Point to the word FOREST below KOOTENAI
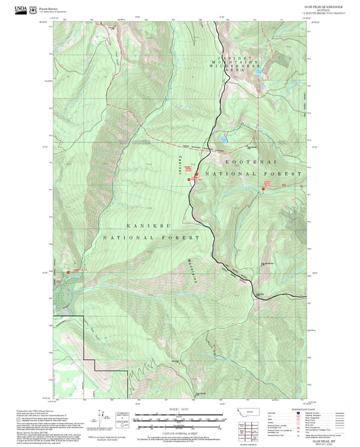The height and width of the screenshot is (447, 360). coord(280,174)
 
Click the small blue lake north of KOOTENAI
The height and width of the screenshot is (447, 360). coord(223,139)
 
